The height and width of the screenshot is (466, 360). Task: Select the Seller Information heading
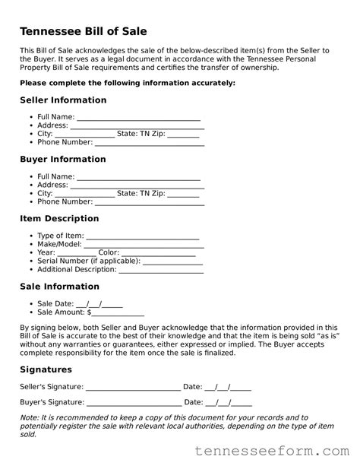pos(63,100)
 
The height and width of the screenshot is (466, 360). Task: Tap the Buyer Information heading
pos(62,160)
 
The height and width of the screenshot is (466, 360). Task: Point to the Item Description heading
pos(59,219)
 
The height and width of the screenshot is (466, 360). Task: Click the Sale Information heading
pos(59,287)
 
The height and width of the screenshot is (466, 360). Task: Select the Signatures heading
pos(46,369)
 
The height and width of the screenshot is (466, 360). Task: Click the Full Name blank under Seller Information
pos(138,117)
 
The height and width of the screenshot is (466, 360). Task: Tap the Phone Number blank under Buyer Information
pos(149,202)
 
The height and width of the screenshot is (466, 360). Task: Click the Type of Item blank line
pos(143,236)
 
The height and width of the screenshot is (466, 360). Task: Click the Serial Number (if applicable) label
pos(77,262)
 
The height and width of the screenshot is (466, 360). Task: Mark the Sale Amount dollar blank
pos(118,312)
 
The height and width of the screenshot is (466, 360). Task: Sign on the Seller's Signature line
pos(134,387)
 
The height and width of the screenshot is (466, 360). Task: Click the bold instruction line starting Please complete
pos(127,82)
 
